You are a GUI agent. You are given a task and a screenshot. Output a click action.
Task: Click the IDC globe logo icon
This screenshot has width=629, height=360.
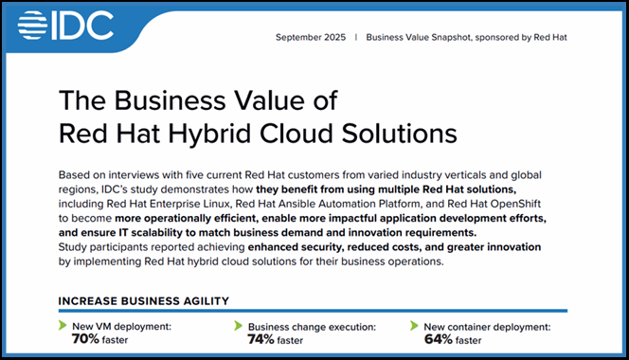32,26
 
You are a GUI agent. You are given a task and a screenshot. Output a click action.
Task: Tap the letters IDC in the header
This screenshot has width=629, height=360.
83,26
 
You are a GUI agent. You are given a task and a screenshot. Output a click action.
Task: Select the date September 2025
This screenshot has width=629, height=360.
311,37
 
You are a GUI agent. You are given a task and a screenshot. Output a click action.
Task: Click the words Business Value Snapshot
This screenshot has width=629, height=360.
419,37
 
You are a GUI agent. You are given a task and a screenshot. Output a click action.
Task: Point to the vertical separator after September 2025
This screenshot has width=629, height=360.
356,37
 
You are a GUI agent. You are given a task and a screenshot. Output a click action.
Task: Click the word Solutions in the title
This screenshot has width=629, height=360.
399,134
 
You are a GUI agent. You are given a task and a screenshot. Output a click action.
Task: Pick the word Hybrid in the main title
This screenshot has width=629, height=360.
210,134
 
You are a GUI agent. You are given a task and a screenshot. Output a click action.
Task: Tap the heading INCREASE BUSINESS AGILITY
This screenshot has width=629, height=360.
144,301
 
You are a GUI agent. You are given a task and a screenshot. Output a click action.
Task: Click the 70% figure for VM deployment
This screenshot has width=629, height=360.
85,339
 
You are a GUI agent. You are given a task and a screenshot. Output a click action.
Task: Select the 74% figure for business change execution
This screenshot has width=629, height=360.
261,339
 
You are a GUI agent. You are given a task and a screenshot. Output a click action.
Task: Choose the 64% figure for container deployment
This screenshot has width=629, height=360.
439,339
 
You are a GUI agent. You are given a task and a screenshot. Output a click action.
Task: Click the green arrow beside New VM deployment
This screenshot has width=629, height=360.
63,325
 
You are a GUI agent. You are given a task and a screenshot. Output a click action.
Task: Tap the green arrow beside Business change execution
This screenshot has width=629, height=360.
239,325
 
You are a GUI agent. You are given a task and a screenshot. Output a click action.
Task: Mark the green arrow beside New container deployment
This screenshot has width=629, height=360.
414,325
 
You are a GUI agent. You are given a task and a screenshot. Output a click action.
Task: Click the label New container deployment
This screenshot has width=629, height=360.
487,327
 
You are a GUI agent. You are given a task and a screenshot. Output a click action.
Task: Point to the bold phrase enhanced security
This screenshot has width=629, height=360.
297,247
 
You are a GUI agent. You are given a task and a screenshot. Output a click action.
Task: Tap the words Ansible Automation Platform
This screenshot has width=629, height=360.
350,204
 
